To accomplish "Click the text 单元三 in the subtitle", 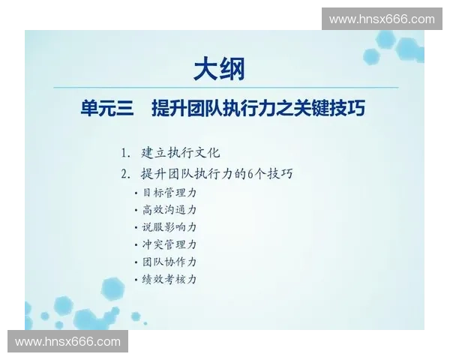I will pos(106,109).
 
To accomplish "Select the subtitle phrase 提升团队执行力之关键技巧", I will pos(258,109).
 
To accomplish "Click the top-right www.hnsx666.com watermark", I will pos(381,19).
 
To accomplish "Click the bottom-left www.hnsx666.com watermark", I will pos(68,342).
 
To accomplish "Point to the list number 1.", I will pos(124,153).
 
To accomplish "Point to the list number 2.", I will pos(124,175).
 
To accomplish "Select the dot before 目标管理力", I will pos(136,193).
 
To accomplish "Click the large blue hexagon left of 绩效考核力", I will pos(113,288).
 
